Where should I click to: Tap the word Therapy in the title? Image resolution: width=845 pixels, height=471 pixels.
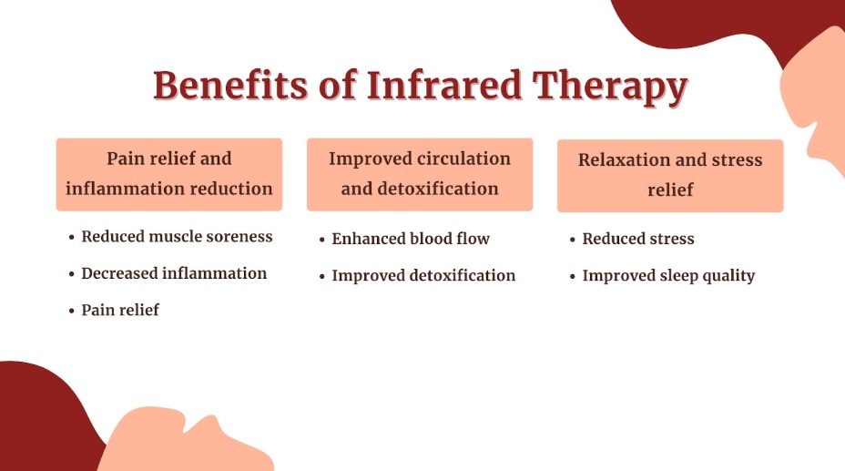point(610,88)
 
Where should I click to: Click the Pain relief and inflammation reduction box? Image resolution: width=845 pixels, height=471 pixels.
point(169,174)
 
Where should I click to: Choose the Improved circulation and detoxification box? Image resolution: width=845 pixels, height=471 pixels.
point(420,174)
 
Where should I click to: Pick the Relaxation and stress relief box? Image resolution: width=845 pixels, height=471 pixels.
point(670,175)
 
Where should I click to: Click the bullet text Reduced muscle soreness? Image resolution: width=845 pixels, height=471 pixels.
point(177,237)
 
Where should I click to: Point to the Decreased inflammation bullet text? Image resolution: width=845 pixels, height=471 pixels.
point(174,273)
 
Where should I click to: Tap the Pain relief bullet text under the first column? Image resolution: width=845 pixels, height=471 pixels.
point(120,310)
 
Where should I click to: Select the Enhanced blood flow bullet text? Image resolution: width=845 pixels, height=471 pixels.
point(411,239)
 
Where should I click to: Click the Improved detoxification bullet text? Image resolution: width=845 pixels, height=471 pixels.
point(423,275)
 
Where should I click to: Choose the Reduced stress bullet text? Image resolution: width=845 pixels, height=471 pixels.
point(638,239)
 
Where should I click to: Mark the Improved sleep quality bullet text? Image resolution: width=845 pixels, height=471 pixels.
point(668,276)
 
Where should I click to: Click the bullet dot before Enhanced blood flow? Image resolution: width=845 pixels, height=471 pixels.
point(322,240)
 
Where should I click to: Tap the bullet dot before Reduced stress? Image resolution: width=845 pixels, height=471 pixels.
point(573,240)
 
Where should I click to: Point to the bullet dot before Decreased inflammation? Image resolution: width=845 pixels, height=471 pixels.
point(72,274)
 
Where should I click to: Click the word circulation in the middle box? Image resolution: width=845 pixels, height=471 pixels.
point(464,159)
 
